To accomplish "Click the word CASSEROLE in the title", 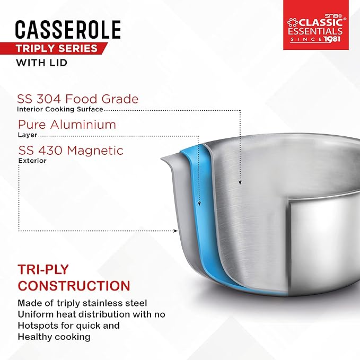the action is [68, 29].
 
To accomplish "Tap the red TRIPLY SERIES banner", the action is [53, 48].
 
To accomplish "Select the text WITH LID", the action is [41, 63].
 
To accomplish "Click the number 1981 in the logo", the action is [332, 39].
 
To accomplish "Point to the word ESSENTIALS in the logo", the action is [315, 31].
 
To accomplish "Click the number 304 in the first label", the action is [49, 99].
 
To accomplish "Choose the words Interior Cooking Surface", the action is [60, 109].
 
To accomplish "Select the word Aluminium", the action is [83, 125].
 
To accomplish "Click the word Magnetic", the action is [95, 151].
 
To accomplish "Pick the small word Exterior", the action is [32, 161].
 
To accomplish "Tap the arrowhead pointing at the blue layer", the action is [199, 203].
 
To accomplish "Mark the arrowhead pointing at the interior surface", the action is [240, 182].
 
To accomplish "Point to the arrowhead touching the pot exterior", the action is [175, 231].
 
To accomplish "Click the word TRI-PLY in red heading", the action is [43, 269].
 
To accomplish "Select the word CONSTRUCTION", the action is [74, 286].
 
